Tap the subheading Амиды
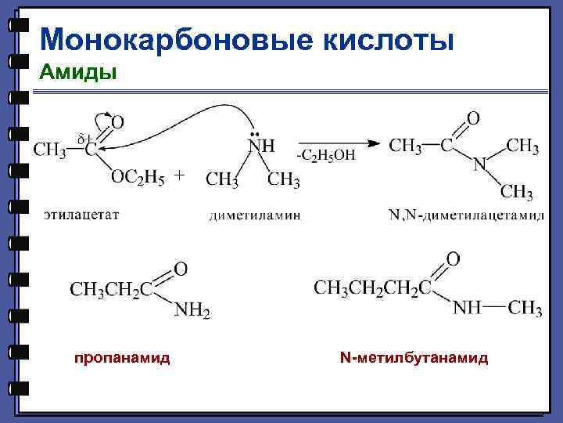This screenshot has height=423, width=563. click(x=77, y=73)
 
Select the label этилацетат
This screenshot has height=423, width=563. click(x=81, y=213)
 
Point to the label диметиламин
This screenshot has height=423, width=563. click(x=255, y=215)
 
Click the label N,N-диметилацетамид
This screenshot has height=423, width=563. click(x=466, y=215)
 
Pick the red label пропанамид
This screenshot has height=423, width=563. click(x=122, y=358)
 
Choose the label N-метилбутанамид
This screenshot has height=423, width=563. click(x=414, y=358)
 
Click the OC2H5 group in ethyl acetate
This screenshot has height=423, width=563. click(x=138, y=179)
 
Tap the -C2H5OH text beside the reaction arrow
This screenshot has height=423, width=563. click(x=325, y=155)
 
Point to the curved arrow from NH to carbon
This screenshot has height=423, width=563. click(x=188, y=117)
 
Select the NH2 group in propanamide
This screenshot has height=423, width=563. click(x=192, y=311)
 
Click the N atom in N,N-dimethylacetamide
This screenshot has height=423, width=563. click(x=480, y=164)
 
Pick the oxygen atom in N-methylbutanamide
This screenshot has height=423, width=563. click(x=453, y=259)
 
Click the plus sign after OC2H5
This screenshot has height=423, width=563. click(x=179, y=176)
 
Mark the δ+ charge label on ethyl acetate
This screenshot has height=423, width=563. click(x=85, y=139)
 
